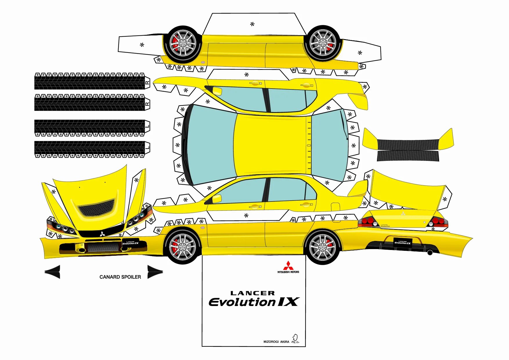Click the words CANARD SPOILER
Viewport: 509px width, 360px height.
[120, 277]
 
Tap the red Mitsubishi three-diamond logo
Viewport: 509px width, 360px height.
[288, 265]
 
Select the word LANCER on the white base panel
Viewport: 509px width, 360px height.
[252, 293]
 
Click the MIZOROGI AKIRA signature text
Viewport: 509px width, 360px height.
[276, 342]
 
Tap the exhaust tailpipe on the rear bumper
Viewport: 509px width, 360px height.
[430, 253]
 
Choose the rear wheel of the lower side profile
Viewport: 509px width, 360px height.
[322, 247]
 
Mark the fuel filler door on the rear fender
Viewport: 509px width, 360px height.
[335, 207]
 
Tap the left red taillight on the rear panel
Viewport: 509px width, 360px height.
[367, 222]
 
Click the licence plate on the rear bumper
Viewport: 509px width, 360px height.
[402, 242]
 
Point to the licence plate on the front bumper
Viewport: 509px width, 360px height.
[130, 243]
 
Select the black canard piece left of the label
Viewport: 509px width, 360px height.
[53, 272]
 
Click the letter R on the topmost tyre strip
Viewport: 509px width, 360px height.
[147, 83]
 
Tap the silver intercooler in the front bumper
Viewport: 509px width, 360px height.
[103, 247]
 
